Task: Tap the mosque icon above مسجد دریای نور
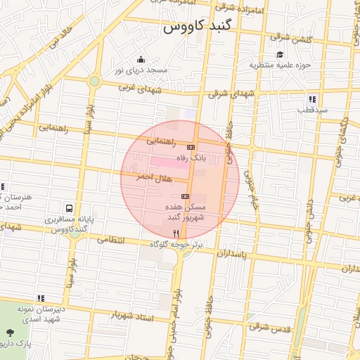point(141,60)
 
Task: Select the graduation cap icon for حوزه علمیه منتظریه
point(280,55)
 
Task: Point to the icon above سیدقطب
point(312,99)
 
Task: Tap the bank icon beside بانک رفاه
point(191,147)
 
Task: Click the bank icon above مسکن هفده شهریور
point(185,196)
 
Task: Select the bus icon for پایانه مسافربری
point(69,209)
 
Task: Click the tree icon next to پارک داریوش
point(9,333)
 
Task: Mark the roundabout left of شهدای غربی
point(94,82)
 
